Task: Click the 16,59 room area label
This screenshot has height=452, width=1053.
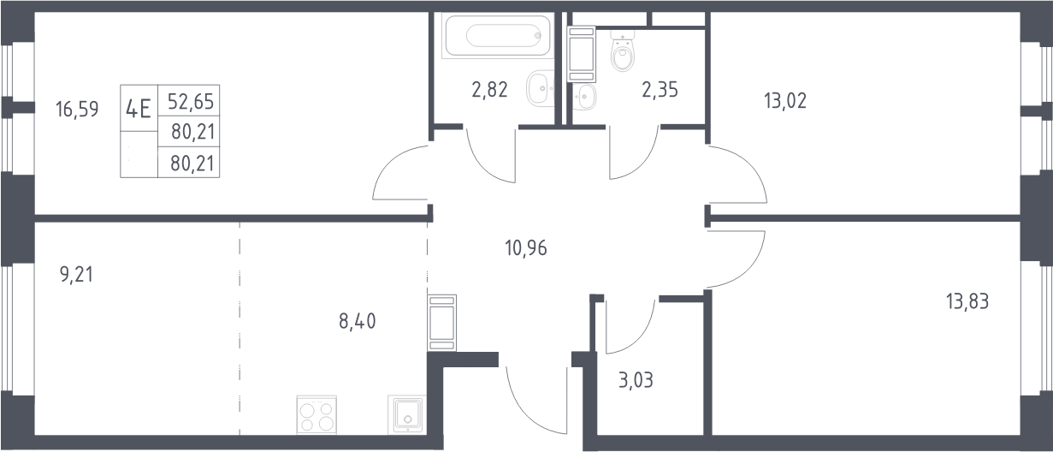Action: (x=77, y=110)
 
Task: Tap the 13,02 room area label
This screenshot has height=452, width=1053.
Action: (x=785, y=101)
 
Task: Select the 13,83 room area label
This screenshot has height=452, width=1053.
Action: (x=967, y=301)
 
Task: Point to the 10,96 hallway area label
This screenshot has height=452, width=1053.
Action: (x=526, y=248)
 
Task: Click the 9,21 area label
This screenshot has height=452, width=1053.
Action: (x=77, y=275)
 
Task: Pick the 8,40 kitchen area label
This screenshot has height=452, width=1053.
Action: (x=358, y=322)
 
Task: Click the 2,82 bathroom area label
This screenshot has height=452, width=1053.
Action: (x=490, y=90)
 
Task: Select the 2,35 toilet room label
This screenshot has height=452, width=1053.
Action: (x=660, y=90)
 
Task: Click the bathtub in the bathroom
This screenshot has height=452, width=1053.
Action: (x=498, y=36)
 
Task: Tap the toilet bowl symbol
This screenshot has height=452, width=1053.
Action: (x=623, y=51)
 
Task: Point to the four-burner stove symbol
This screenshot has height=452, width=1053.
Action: (x=316, y=415)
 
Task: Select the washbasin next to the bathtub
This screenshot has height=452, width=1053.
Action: (x=540, y=88)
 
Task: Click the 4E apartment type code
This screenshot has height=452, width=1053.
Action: (x=139, y=110)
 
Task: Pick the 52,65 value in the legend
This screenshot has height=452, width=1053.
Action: (x=191, y=102)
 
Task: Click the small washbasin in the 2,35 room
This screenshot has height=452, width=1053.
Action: (x=584, y=97)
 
